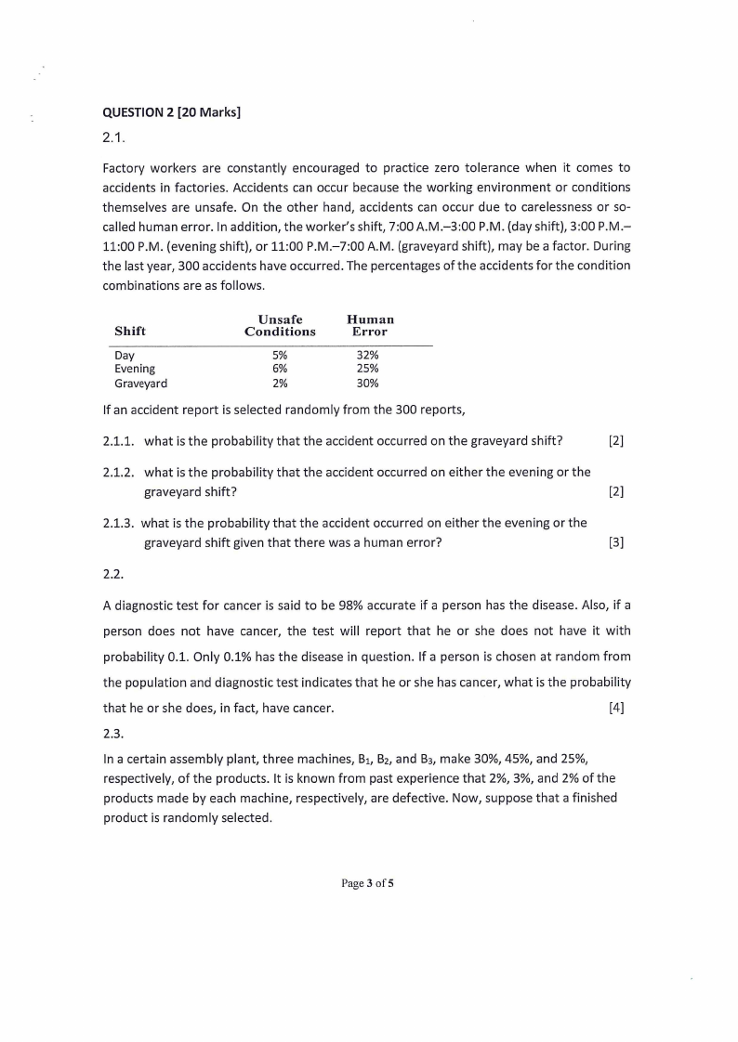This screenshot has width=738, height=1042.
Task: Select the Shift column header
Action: pos(130,332)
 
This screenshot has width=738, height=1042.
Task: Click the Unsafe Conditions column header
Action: pos(280,325)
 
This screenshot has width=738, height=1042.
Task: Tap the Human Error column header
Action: pos(370,325)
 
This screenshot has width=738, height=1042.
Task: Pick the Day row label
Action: pos(125,355)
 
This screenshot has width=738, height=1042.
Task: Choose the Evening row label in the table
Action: pos(135,369)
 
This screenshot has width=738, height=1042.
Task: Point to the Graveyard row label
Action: pos(141,383)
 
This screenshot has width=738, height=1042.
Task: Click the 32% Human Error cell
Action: pos(368,355)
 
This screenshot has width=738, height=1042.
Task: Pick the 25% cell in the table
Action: pos(368,369)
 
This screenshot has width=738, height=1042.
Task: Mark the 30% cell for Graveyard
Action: pos(368,383)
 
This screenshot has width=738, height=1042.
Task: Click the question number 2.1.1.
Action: pos(120,439)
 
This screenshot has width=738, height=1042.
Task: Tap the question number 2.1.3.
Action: pos(120,523)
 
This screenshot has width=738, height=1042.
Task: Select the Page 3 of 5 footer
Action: pos(368,883)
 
